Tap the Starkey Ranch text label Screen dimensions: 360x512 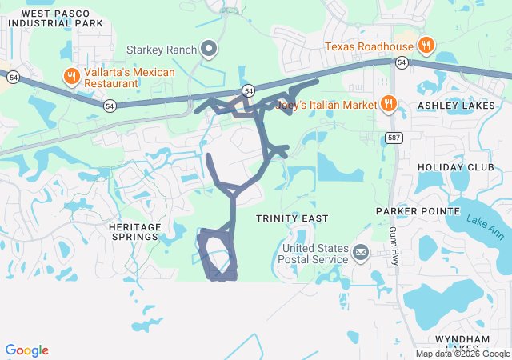[161, 50]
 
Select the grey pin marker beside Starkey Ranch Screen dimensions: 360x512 [209, 50]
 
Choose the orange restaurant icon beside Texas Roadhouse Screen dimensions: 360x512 [426, 46]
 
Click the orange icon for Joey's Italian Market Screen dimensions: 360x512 [388, 102]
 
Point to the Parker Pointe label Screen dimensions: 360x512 [418, 210]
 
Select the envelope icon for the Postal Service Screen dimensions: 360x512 [360, 254]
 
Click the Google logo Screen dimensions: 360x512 [27, 350]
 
